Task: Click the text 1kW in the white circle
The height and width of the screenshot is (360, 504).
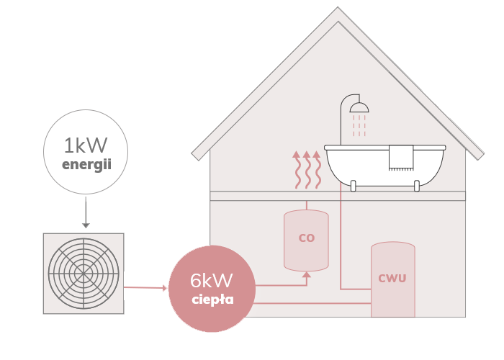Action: coord(86,146)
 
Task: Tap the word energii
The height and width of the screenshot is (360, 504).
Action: coord(86,165)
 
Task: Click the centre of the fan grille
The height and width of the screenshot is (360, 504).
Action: coord(84,274)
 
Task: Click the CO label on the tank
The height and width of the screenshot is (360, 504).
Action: coord(307,238)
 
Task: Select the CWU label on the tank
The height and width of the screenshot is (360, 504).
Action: coord(392,278)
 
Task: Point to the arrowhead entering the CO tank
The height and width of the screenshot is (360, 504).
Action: coord(307,274)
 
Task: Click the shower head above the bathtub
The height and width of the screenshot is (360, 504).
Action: coord(358,108)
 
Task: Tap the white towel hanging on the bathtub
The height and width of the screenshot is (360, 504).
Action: coord(400,157)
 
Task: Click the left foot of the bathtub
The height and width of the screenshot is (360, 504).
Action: coord(354,187)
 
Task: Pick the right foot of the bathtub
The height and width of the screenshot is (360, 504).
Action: coord(418,187)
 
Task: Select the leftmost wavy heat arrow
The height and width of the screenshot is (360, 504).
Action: coord(294,171)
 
